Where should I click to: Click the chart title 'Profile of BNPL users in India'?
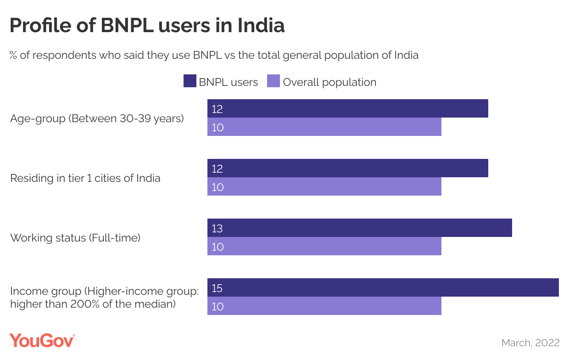coord(147,26)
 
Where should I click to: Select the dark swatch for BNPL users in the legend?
coord(190,82)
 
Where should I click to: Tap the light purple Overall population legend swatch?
coord(273,82)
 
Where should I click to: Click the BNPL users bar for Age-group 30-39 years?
coord(347,108)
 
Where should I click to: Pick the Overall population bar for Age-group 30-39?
coord(324,127)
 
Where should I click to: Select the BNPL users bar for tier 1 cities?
coord(347,168)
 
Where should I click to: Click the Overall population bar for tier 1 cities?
coord(324,186)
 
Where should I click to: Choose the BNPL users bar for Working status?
coord(359,228)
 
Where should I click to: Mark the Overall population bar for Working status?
coord(324,246)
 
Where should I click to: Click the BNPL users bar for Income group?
coord(383,287)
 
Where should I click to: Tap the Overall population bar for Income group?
coord(324,306)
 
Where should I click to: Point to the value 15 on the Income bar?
coord(217,288)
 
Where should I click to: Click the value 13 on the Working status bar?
coord(217,228)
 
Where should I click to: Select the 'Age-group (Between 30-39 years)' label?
coord(97,118)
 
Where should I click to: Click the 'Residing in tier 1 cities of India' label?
coord(85,178)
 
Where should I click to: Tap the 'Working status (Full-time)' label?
coord(75,238)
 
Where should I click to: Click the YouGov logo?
coord(42,341)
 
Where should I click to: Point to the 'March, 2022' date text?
coord(530,343)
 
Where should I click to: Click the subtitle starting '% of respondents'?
coord(214,55)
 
